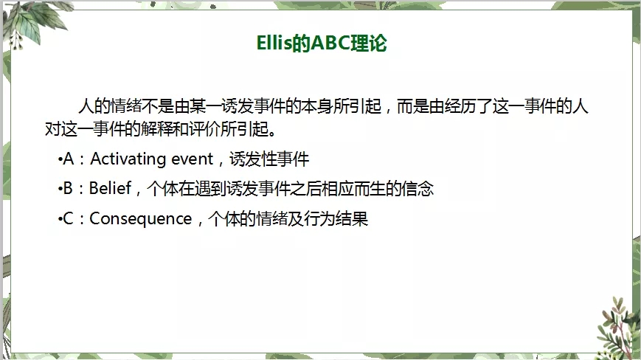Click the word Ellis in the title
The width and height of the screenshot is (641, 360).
[x=274, y=43]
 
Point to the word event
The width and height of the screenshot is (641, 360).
[x=192, y=159]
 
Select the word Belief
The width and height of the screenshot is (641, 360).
[x=110, y=188]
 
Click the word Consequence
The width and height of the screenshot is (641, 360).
[x=141, y=219]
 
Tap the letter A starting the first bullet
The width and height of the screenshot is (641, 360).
[x=69, y=159]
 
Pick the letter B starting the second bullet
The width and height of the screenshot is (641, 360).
[x=68, y=188]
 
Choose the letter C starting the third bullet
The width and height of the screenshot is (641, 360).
[x=68, y=218]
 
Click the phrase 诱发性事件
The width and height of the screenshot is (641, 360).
[x=269, y=159]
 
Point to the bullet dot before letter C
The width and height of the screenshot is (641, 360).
[x=60, y=219]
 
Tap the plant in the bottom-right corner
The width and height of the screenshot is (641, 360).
[x=617, y=327]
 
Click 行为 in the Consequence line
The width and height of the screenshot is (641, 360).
[x=319, y=219]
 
